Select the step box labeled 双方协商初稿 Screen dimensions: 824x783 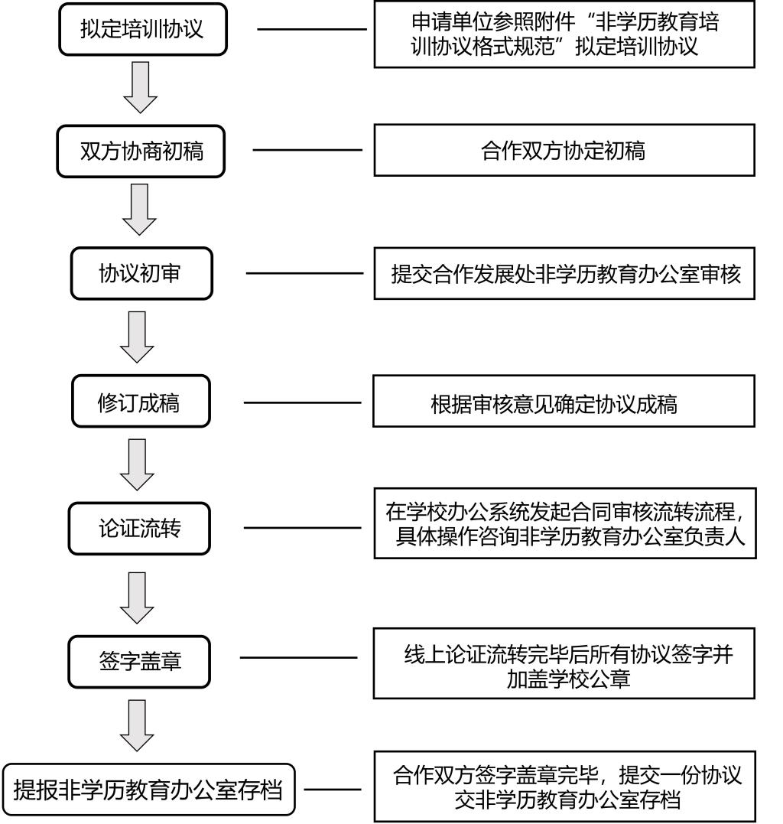click(141, 151)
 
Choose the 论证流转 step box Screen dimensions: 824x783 click(139, 529)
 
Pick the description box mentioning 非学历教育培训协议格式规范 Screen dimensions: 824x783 click(565, 34)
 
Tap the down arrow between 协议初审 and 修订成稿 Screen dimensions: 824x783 click(138, 337)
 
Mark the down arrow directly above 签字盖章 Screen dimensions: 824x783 click(138, 598)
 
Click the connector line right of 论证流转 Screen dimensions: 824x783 click(301, 527)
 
